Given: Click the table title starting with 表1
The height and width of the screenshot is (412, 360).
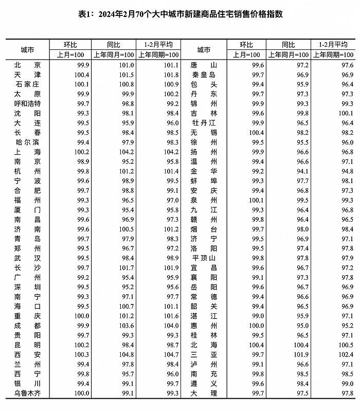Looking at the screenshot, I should point(181,14).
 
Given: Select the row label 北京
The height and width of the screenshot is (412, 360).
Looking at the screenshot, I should point(28,65).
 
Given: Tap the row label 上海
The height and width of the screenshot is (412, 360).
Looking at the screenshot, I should point(28,152).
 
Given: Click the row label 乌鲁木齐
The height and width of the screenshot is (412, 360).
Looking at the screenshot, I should point(28,394).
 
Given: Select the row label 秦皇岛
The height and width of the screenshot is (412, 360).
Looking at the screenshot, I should point(204,75).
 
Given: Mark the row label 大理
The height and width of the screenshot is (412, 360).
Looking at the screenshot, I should point(204,394).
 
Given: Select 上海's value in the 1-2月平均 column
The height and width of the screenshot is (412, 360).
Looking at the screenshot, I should point(170,152).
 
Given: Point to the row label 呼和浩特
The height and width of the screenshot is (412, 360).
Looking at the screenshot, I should point(28,103).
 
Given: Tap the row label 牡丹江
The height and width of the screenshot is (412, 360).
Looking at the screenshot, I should point(204,123).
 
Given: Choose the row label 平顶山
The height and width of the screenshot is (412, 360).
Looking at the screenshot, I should point(204,258).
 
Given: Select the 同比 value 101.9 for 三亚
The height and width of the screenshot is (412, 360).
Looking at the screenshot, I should point(300,355).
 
